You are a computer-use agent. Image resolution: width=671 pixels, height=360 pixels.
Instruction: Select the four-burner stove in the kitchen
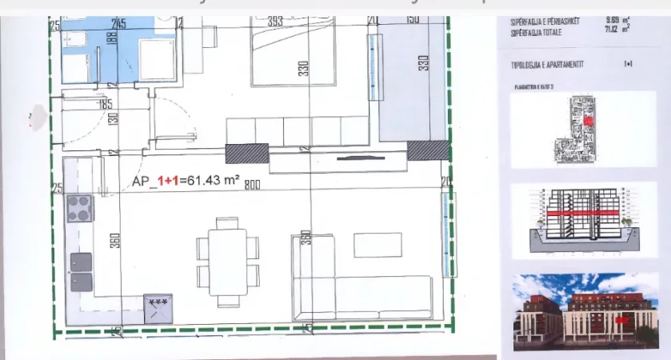tap(80, 209)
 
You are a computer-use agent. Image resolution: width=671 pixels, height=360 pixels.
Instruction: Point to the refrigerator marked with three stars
tap(158, 306)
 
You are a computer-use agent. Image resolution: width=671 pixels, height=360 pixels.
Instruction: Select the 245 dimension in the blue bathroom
tap(121, 23)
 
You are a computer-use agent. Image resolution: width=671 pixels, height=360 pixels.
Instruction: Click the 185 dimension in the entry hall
tap(106, 103)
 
